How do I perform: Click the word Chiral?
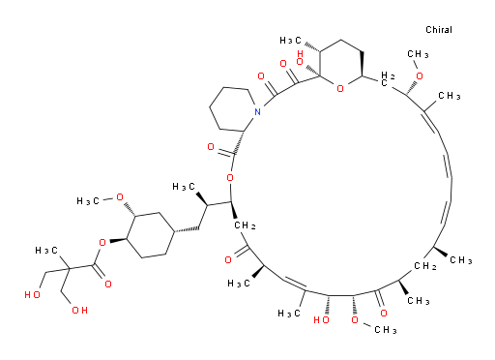pyautogui.click(x=439, y=30)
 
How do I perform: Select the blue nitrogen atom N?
pyautogui.click(x=257, y=112)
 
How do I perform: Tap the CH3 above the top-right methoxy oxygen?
pyautogui.click(x=418, y=54)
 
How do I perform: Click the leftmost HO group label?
pyautogui.click(x=32, y=294)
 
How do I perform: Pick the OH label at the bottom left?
pyautogui.click(x=79, y=311)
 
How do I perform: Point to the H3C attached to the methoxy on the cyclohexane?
pyautogui.click(x=88, y=201)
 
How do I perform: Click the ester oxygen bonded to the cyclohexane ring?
pyautogui.click(x=102, y=243)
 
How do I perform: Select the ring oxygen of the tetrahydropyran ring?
pyautogui.click(x=340, y=88)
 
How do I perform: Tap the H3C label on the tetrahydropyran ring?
pyautogui.click(x=290, y=41)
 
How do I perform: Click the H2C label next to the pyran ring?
pyautogui.click(x=387, y=79)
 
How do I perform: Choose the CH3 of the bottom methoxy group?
pyautogui.click(x=386, y=330)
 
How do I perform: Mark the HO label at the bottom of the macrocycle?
pyautogui.click(x=321, y=320)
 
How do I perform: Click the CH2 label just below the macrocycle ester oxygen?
pyautogui.click(x=245, y=225)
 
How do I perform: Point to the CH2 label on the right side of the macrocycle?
pyautogui.click(x=425, y=266)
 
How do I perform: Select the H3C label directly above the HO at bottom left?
pyautogui.click(x=46, y=251)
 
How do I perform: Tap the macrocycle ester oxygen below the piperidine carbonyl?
pyautogui.click(x=230, y=177)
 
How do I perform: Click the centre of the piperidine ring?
pyautogui.click(x=231, y=109)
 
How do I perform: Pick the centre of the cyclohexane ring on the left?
pyautogui.click(x=151, y=235)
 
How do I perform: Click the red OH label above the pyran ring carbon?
pyautogui.click(x=300, y=58)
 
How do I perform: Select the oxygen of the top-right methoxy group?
pyautogui.click(x=420, y=76)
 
